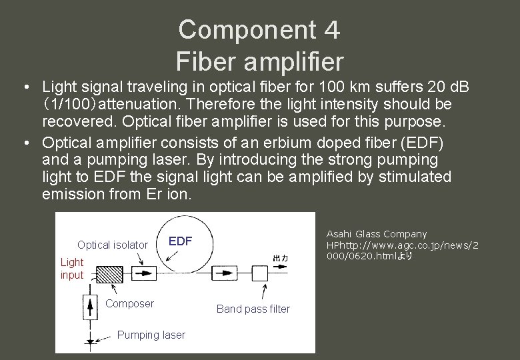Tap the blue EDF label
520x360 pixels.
point(179,241)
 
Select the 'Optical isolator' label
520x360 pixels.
point(112,245)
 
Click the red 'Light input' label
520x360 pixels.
point(72,269)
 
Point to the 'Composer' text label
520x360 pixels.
point(130,303)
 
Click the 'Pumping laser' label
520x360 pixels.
point(151,335)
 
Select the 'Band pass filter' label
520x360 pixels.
point(253,309)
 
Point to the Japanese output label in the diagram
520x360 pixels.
point(280,258)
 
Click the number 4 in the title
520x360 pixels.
point(333,29)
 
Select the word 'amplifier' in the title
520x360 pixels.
point(294,61)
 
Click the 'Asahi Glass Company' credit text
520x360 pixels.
point(376,234)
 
